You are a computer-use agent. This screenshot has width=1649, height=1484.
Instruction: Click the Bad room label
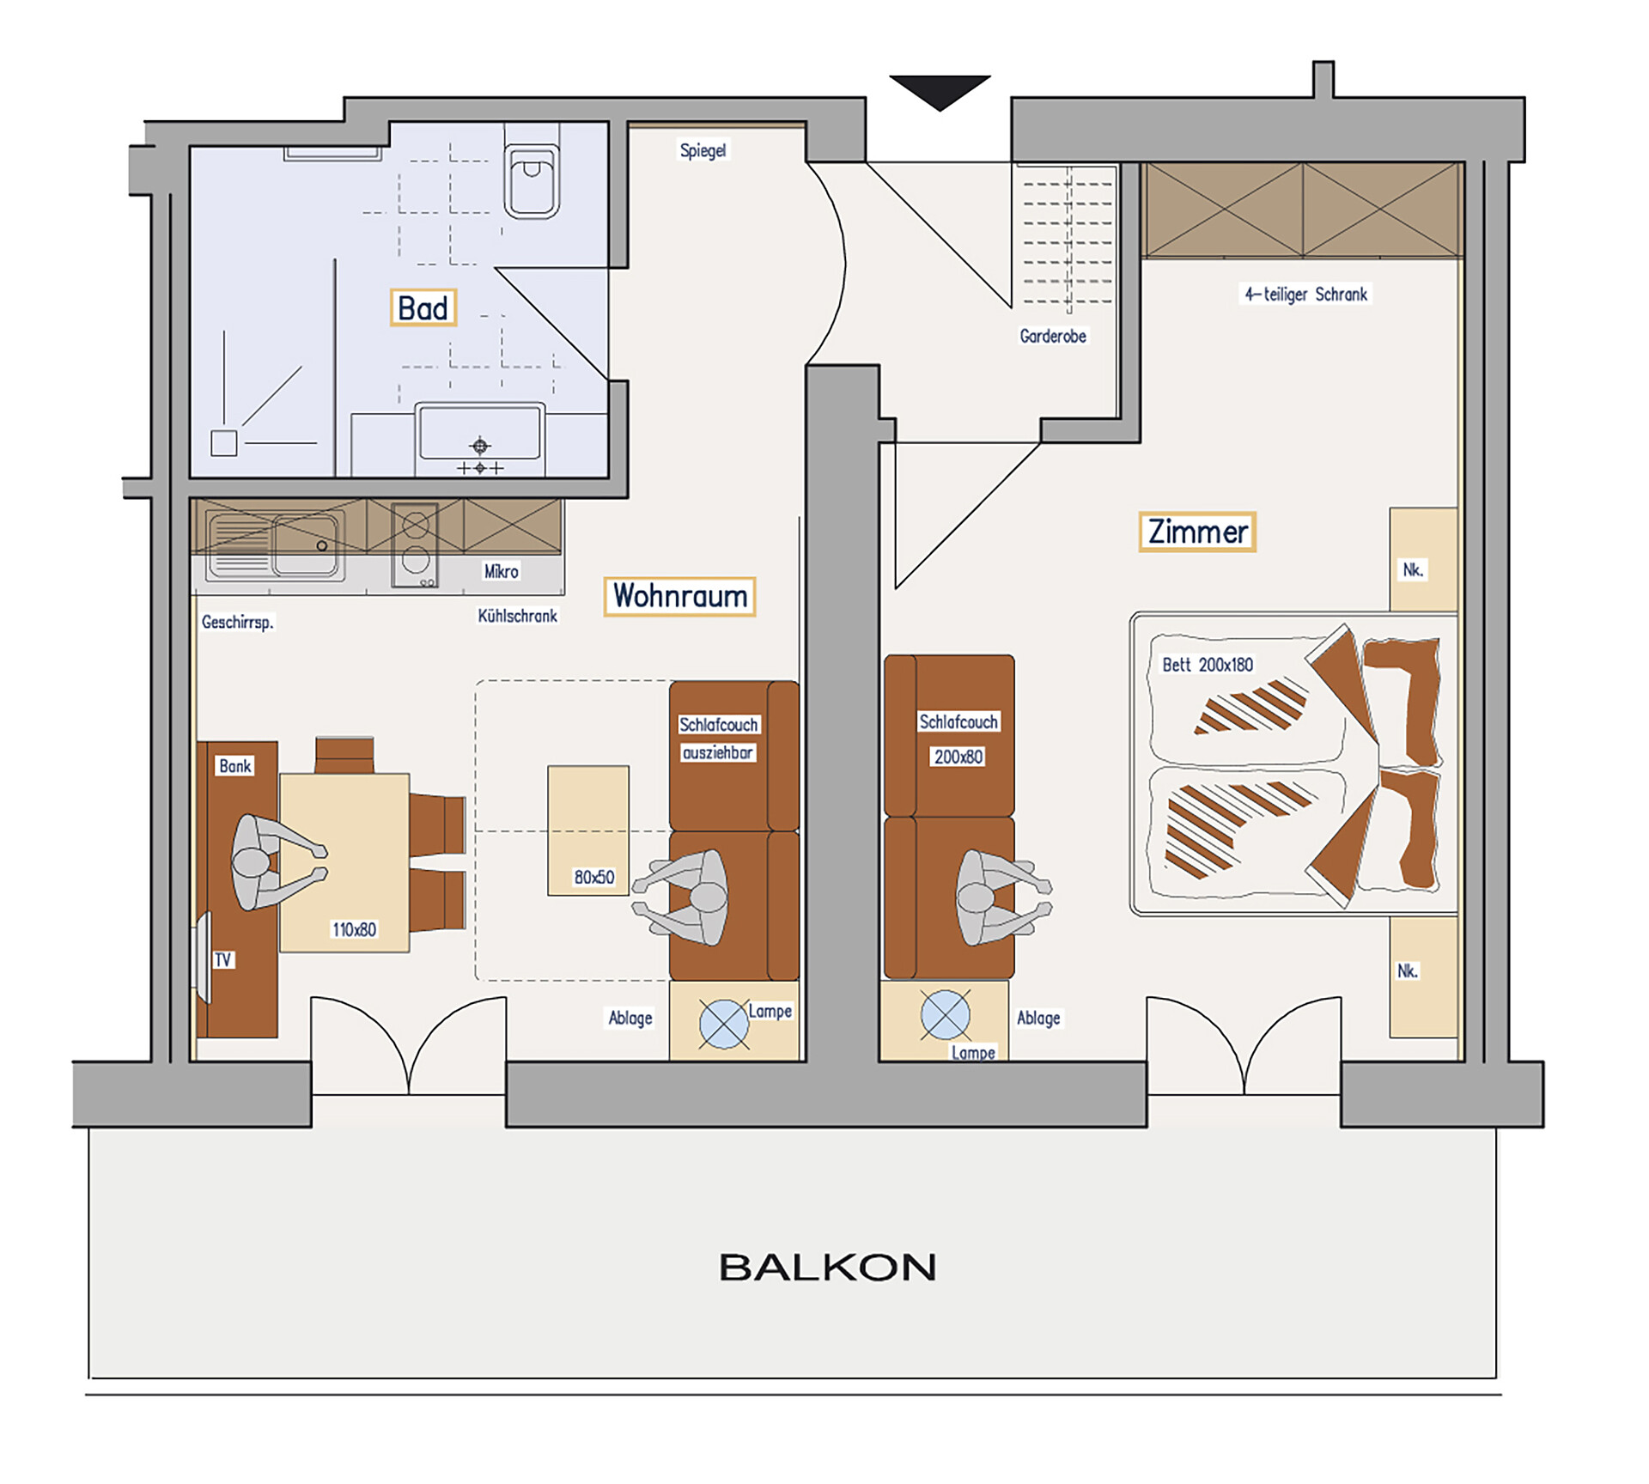[x=423, y=307]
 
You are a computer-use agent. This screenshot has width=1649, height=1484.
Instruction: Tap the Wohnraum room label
[x=679, y=596]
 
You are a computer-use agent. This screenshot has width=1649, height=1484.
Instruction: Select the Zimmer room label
[x=1197, y=532]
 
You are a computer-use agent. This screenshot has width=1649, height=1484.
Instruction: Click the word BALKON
[x=827, y=1268]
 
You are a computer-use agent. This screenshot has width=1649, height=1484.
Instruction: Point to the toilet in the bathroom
[x=532, y=171]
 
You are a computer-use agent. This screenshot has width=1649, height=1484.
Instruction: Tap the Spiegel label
[x=703, y=150]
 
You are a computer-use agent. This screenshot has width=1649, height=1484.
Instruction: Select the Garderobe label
[x=1053, y=336]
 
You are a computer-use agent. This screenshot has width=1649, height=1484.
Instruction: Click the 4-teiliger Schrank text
[x=1306, y=294]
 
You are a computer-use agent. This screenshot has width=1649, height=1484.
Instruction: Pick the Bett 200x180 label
[x=1208, y=664]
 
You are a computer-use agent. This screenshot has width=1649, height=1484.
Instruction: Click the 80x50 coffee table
[x=588, y=830]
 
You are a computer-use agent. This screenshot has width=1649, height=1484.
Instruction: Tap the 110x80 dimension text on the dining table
[x=355, y=929]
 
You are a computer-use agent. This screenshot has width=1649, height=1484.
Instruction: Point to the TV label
[x=223, y=959]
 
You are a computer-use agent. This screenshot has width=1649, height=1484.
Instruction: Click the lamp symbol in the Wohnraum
[x=724, y=1025]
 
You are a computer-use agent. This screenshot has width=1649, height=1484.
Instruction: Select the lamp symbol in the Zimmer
[x=946, y=1014]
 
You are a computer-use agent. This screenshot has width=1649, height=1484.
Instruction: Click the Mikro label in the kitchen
[x=502, y=571]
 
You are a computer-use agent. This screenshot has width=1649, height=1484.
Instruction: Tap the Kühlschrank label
[x=518, y=616]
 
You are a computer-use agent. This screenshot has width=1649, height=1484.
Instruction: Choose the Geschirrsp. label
[x=238, y=622]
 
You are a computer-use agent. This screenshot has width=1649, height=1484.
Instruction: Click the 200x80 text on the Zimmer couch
[x=958, y=757]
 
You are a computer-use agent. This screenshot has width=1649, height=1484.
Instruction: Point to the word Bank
[x=235, y=766]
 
